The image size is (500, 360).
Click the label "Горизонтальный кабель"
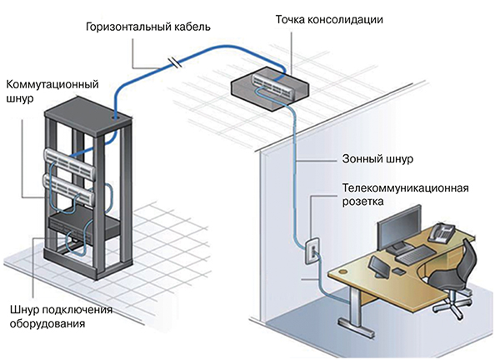147,27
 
